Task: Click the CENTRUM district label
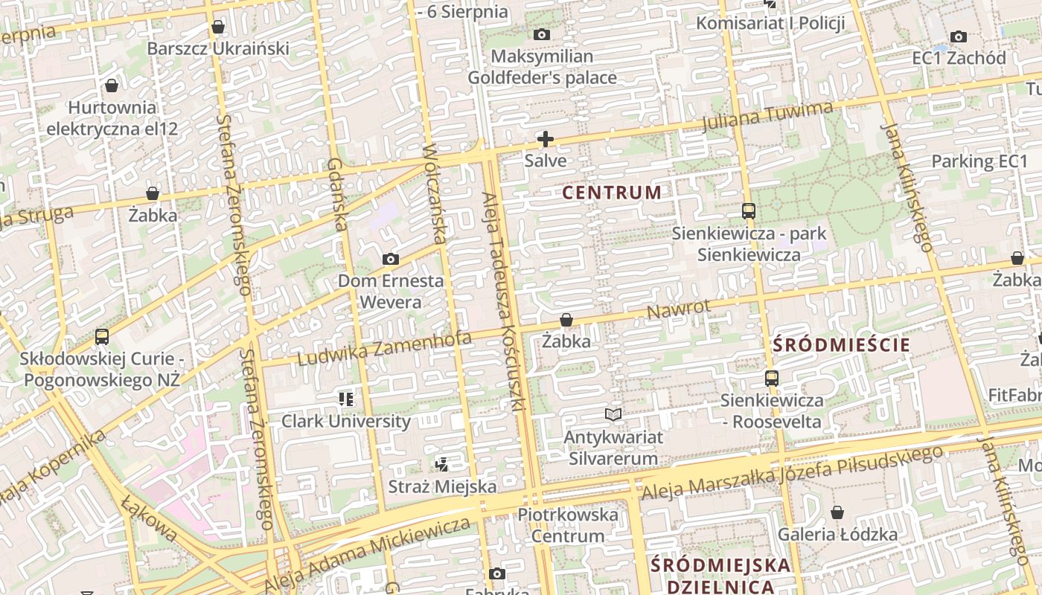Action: pyautogui.click(x=612, y=193)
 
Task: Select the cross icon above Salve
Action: pyautogui.click(x=546, y=139)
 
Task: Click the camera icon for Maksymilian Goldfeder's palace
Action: pyautogui.click(x=542, y=34)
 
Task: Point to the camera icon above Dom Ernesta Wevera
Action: pyautogui.click(x=390, y=260)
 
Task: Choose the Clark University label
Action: pyautogui.click(x=345, y=421)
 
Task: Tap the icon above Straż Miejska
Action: pyautogui.click(x=442, y=465)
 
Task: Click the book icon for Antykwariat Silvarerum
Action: pyautogui.click(x=613, y=414)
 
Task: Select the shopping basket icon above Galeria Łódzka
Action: pyautogui.click(x=837, y=512)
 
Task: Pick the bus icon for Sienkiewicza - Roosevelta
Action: pyautogui.click(x=771, y=379)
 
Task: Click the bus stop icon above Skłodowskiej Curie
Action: pyautogui.click(x=102, y=337)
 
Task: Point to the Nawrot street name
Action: pyautogui.click(x=678, y=309)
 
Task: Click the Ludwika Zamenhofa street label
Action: pyautogui.click(x=384, y=349)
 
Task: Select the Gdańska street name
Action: pyautogui.click(x=336, y=194)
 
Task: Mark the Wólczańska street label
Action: pyautogui.click(x=434, y=194)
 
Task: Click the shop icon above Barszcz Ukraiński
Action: pyautogui.click(x=218, y=28)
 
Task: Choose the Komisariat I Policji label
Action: pyautogui.click(x=770, y=23)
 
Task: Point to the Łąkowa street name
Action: pyautogui.click(x=151, y=518)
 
